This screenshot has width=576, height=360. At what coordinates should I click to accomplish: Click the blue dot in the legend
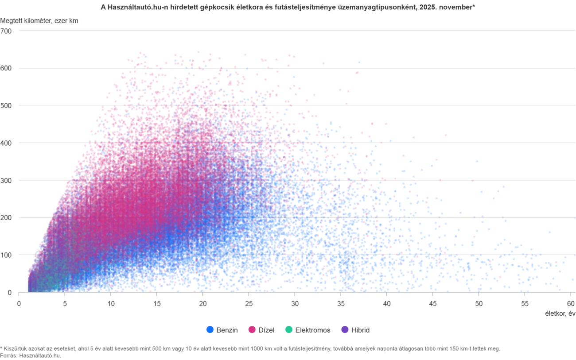click(210, 329)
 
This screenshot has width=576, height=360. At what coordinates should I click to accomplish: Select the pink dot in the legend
click(253, 329)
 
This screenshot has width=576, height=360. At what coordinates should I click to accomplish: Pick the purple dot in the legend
click(346, 329)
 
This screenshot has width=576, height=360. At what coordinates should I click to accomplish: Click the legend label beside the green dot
click(313, 329)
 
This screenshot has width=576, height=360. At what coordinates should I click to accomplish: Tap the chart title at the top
click(288, 7)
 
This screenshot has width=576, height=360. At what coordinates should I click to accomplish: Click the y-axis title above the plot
click(41, 21)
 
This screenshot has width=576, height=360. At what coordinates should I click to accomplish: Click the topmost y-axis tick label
click(9, 32)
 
